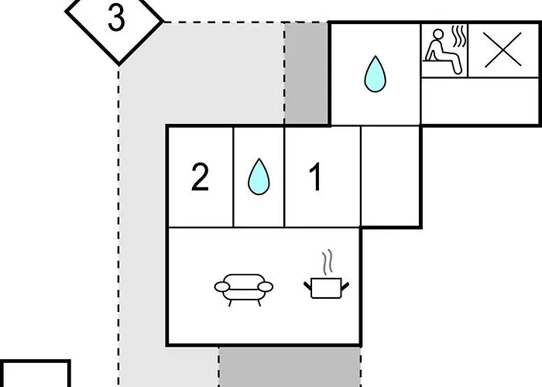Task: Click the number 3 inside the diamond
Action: [116, 19]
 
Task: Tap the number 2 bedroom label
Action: [200, 177]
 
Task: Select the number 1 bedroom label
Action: [315, 177]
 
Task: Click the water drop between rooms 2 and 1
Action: [259, 176]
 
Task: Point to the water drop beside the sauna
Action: [375, 74]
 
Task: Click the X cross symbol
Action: [503, 50]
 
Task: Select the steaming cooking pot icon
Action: [326, 274]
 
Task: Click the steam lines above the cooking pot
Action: [328, 262]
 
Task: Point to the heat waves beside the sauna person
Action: [459, 37]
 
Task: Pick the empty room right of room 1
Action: [390, 176]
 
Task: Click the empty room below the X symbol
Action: [480, 101]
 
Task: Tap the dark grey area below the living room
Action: [290, 367]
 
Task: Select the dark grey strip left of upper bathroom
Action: [307, 74]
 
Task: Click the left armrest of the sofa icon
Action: [222, 287]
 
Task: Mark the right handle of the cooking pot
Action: [345, 286]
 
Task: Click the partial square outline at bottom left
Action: [36, 373]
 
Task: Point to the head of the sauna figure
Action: [438, 34]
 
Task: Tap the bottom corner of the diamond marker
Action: [119, 64]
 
